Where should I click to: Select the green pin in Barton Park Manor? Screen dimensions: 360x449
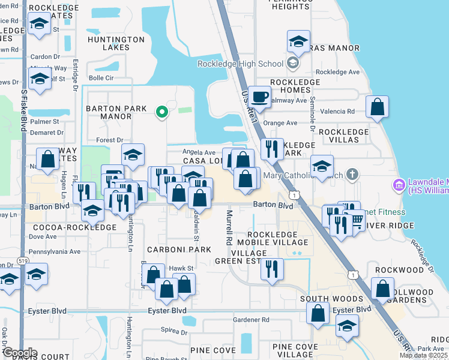click(161, 112)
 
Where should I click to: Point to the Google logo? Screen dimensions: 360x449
click(19, 353)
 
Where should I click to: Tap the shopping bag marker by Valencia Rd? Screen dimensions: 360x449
click(377, 108)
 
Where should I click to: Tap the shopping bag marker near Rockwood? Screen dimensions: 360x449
click(383, 289)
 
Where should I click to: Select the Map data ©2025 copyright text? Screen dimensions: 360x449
click(424, 355)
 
